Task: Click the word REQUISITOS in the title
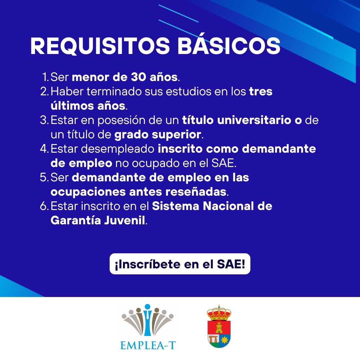tap(100, 46)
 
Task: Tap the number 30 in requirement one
tap(139, 77)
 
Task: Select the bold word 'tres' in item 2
tap(261, 91)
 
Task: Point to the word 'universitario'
tap(254, 120)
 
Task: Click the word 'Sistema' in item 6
tap(176, 206)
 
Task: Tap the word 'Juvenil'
tap(125, 220)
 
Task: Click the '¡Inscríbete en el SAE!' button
tap(180, 264)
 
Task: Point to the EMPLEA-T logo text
tap(148, 345)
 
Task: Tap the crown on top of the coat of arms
tap(219, 312)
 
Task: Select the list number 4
tap(44, 149)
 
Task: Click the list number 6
tap(44, 206)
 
